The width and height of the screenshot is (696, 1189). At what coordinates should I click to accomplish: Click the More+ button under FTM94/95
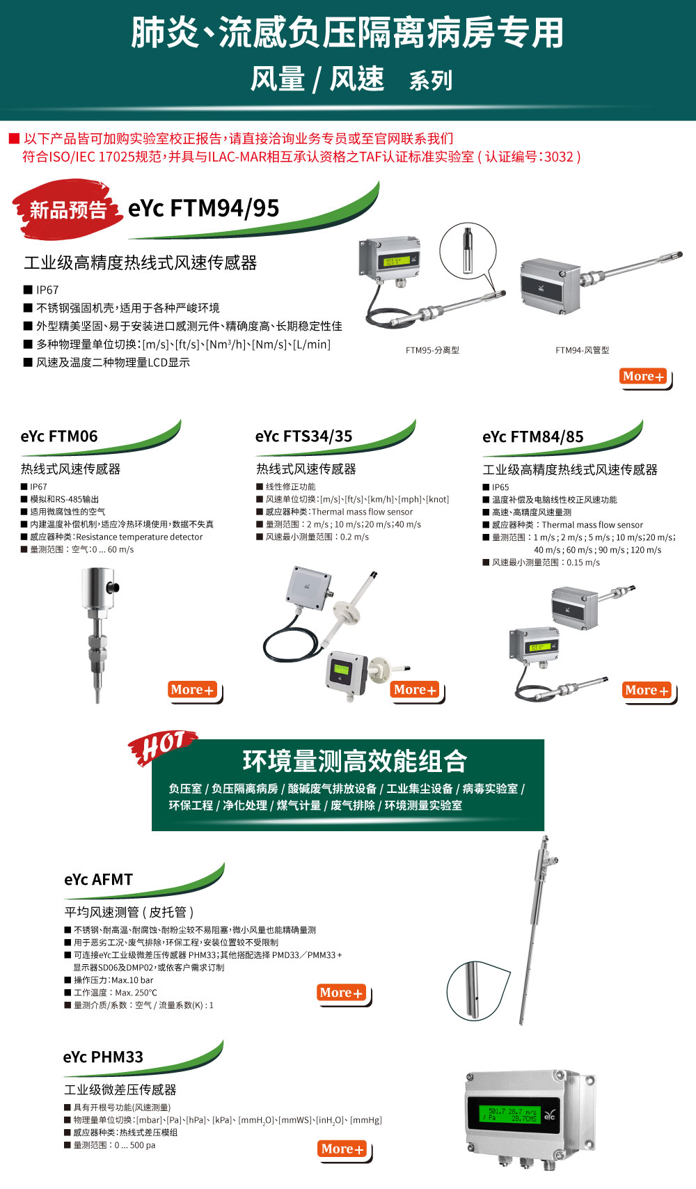point(643,377)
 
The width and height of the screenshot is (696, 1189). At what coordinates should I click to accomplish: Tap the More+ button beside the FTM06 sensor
point(193,690)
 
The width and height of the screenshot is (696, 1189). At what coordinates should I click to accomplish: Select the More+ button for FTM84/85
point(647,691)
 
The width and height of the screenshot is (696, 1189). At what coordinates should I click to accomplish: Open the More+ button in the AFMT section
point(342,993)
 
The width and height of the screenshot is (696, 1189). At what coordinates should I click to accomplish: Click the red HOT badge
point(162,747)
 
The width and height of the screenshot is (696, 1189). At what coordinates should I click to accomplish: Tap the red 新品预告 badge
point(67,210)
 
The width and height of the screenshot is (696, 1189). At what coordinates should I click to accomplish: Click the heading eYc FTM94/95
point(203,208)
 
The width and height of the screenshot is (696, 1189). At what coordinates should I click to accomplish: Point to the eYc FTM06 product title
point(59,436)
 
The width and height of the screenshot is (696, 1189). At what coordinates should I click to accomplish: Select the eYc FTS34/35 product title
point(303,436)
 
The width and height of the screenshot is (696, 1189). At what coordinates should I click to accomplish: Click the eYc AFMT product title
point(98,880)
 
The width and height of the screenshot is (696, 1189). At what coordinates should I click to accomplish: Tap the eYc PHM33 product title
point(103,1057)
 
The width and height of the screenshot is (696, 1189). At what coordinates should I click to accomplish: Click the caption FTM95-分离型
point(432,350)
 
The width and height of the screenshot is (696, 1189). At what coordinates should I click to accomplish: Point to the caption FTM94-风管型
point(582,350)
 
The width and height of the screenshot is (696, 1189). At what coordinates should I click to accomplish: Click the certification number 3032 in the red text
point(558,157)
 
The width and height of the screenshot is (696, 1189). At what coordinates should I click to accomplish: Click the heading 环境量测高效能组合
point(354,761)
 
